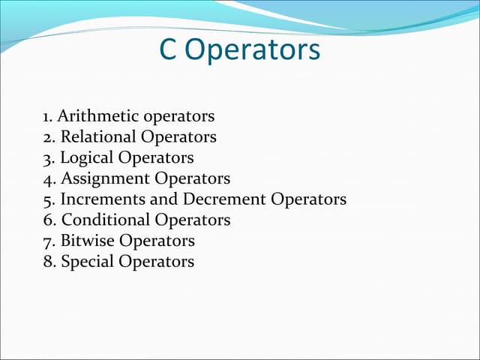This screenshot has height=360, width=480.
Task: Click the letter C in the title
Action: [x=168, y=50]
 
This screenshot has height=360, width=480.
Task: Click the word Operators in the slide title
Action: [x=252, y=52]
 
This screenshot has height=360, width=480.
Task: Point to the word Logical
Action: [x=87, y=158]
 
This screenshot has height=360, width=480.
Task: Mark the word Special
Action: [x=86, y=262]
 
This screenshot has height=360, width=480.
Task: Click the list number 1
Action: [x=47, y=117]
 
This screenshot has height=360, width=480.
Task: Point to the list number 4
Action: [x=49, y=179]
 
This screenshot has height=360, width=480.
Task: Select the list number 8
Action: [x=49, y=262]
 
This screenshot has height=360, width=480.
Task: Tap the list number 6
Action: [x=49, y=220]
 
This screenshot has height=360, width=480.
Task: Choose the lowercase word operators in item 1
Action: [x=178, y=117]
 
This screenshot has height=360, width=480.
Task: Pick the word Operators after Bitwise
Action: [x=157, y=241]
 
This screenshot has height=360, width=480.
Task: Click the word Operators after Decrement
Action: [x=309, y=200]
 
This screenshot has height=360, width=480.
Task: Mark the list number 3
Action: [x=49, y=158]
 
